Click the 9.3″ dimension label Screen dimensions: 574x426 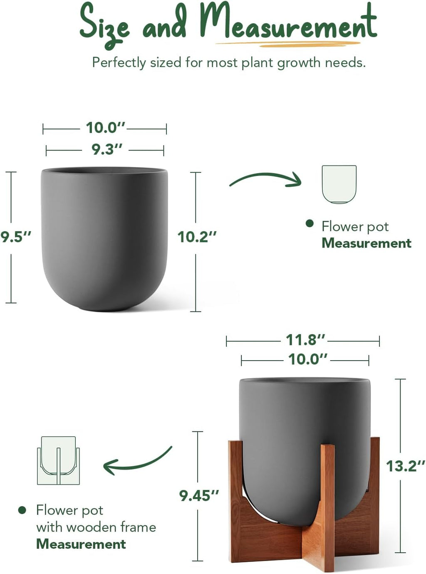click(107, 149)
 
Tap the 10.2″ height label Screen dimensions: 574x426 click(197, 237)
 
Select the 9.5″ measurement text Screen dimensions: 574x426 click(16, 237)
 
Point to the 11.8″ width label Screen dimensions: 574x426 click(305, 340)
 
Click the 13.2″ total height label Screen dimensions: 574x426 click(406, 466)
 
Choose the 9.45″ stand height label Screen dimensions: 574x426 click(199, 495)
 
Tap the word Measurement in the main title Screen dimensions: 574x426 click(288, 23)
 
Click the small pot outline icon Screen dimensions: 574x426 click(339, 184)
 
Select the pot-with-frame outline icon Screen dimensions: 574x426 click(58, 460)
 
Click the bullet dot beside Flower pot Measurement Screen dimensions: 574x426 click(309, 223)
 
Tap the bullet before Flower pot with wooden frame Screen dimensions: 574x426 click(22, 510)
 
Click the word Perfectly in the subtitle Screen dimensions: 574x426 click(119, 63)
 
